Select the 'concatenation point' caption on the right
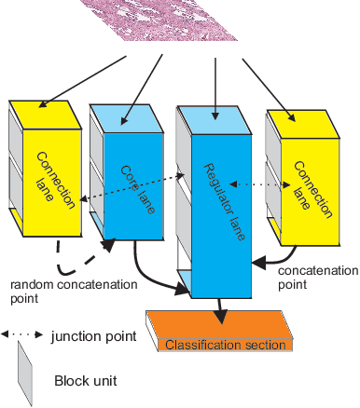point(317,278)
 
